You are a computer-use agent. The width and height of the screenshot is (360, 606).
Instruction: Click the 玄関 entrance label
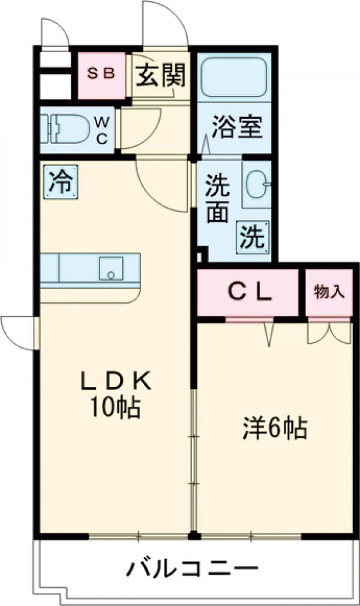(159, 76)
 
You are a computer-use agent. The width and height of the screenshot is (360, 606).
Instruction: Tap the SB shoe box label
(102, 74)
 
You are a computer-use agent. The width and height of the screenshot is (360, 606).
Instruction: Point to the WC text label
(101, 130)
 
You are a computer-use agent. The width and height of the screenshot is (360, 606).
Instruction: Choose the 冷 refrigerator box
(60, 181)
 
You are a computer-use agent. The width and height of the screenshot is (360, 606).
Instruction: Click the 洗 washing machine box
(253, 236)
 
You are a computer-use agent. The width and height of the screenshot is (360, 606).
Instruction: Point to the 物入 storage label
(329, 292)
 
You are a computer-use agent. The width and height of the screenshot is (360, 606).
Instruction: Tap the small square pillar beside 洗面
(202, 256)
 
